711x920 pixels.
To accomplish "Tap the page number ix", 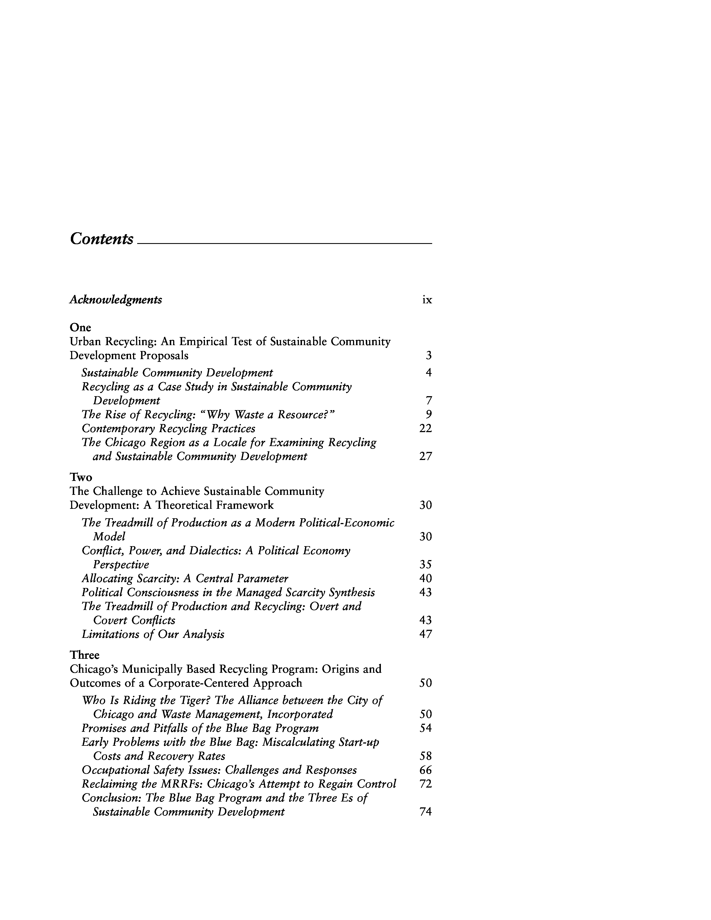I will tap(427, 300).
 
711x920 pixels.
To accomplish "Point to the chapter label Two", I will tap(81, 477).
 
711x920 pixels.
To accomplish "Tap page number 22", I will tap(426, 428).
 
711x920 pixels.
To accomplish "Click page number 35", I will tap(426, 565).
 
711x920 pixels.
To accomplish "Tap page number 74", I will tap(426, 812).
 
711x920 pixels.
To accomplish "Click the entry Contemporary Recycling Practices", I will tap(168, 428).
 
